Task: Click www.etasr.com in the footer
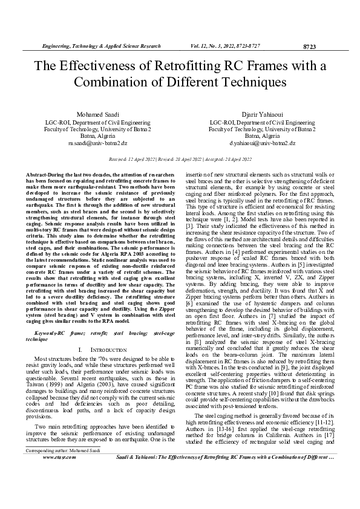pos(59,491)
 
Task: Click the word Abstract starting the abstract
pos(37,174)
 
